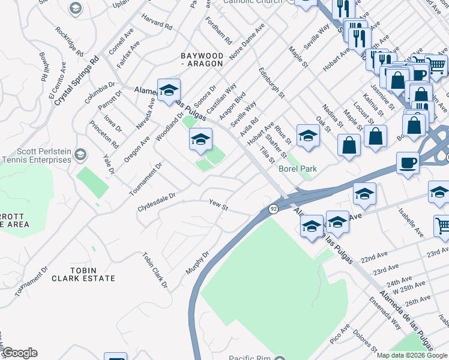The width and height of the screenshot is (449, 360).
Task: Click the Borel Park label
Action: point(298,169)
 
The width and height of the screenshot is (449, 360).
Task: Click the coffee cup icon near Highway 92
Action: point(408,163)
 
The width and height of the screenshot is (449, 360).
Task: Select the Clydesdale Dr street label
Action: point(156,196)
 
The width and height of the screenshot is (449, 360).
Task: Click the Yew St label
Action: point(218,206)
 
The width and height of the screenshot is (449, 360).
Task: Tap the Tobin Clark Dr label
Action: point(154,270)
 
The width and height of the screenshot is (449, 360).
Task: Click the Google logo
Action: point(20,353)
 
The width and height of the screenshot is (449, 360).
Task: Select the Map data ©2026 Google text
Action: point(412,355)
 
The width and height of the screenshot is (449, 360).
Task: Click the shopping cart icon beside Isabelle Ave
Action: point(442,225)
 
